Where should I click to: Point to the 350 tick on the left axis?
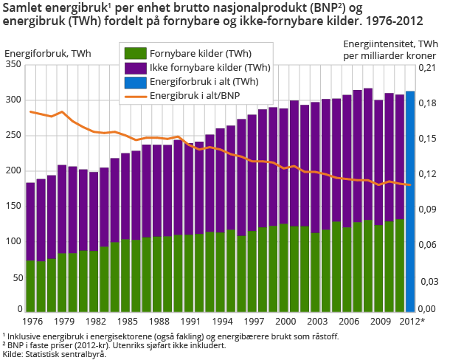pos(13,65)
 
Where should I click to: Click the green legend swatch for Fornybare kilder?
pos(134,54)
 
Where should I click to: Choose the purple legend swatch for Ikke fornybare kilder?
pos(134,68)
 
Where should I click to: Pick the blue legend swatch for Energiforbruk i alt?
pos(134,82)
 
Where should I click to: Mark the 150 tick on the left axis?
pos(13,206)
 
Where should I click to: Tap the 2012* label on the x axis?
pos(411,321)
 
